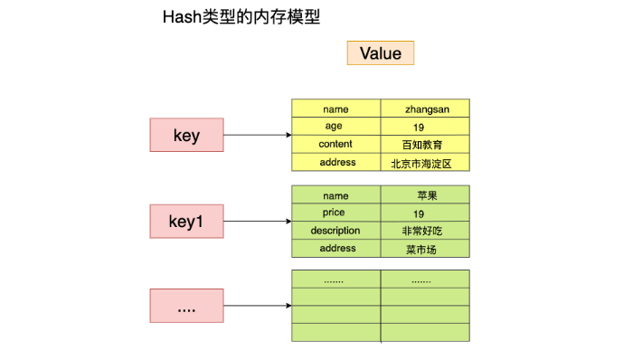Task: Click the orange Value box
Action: [x=380, y=52]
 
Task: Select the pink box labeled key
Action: [x=186, y=136]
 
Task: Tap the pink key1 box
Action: [x=186, y=221]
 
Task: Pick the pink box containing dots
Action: [x=186, y=306]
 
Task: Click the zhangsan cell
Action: [x=425, y=109]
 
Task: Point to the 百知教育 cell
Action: [x=425, y=145]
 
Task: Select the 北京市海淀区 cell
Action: [x=425, y=163]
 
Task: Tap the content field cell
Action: [x=335, y=145]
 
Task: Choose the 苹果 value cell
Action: [x=425, y=194]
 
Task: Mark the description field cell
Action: [x=335, y=231]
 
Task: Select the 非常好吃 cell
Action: [x=425, y=231]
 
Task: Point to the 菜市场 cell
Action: [x=425, y=249]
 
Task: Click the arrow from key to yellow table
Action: [x=257, y=136]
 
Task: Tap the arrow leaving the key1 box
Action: [x=257, y=221]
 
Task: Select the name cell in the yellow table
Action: [x=335, y=109]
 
